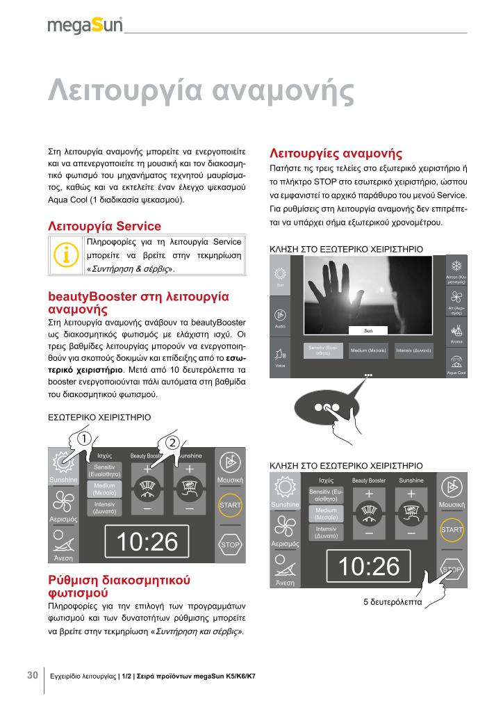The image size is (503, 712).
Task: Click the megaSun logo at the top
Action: [x=85, y=26]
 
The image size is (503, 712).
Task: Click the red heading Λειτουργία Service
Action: [x=104, y=226]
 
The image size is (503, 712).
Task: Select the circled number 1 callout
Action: [x=83, y=439]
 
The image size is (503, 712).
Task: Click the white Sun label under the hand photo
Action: [x=369, y=330]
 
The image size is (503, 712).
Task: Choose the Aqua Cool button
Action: [x=456, y=364]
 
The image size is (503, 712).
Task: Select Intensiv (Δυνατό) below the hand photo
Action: [x=413, y=350]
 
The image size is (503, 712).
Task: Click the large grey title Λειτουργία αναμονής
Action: [x=201, y=91]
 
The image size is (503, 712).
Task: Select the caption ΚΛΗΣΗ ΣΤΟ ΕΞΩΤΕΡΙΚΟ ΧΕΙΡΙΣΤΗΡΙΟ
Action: [x=345, y=248]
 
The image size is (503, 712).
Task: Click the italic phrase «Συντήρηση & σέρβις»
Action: [x=131, y=268]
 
